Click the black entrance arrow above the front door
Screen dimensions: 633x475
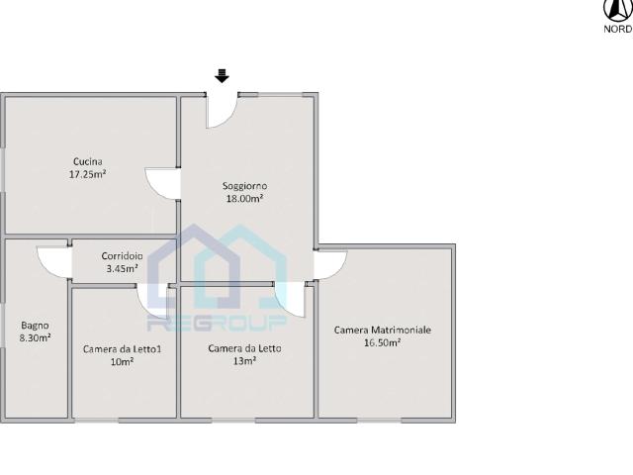222,76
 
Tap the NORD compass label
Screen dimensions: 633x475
618,29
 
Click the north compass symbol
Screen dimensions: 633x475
618,10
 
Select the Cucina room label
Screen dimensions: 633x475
88,161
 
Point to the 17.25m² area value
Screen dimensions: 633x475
88,174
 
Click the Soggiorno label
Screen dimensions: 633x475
244,186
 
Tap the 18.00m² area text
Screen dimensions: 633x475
244,199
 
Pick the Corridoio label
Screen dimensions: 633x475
122,256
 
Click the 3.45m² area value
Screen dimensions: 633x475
122,268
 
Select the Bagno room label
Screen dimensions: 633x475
35,326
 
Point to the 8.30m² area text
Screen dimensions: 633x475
35,338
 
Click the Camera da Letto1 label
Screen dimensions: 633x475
122,349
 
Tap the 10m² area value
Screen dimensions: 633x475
122,362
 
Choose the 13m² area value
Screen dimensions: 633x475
244,361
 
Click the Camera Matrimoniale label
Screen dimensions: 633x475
383,330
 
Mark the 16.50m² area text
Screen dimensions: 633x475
383,343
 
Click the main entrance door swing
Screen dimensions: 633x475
222,110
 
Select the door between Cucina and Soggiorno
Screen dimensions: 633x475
162,184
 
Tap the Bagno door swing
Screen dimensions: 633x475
54,262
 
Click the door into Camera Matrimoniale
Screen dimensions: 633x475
330,265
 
